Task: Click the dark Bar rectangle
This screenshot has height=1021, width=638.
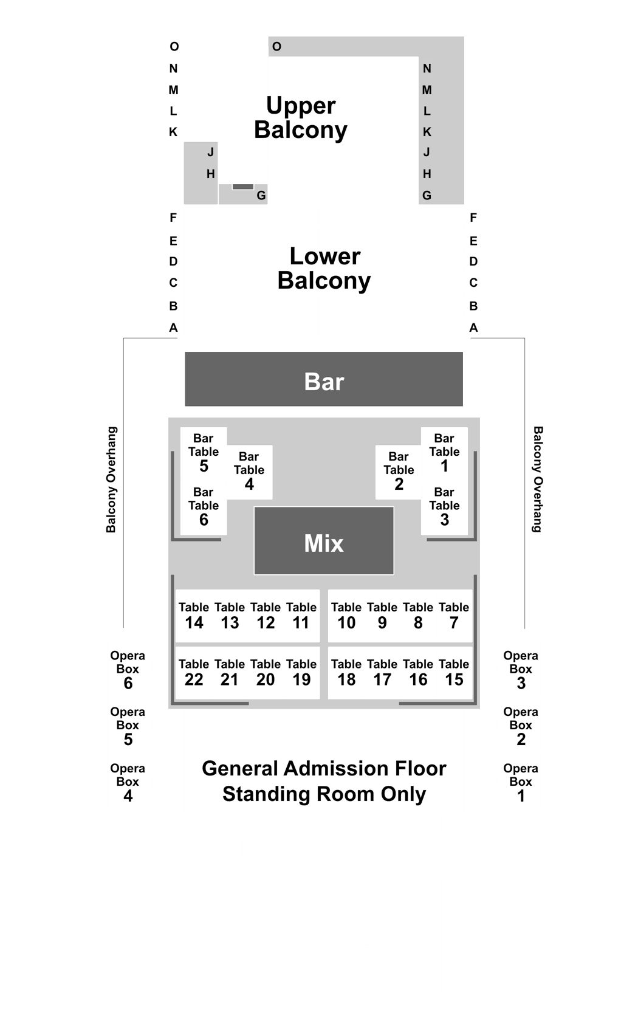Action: (x=323, y=379)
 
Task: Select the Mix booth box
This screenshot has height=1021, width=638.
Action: (x=323, y=541)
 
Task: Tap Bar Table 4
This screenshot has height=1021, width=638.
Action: (x=249, y=472)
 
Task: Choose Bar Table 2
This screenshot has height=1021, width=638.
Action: (x=399, y=472)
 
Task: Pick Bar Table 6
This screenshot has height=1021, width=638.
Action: (x=204, y=507)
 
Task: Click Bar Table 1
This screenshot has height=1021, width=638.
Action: (x=444, y=453)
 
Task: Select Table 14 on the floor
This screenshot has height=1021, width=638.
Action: (x=194, y=616)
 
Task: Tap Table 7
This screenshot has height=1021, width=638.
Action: (x=454, y=616)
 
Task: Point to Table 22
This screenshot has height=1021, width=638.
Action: (x=194, y=672)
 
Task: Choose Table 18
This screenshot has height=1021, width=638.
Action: (x=346, y=672)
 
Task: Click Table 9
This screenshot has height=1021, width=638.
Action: (x=382, y=616)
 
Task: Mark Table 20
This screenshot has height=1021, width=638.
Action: (x=266, y=672)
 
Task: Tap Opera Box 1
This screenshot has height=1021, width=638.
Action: (x=521, y=783)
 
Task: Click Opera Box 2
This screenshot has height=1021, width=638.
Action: (x=521, y=726)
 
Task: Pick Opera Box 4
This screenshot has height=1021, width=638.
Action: (x=128, y=783)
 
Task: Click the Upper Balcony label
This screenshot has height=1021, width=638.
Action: (x=301, y=118)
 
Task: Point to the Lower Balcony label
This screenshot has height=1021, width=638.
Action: (x=324, y=269)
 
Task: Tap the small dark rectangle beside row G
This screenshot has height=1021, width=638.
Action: (x=243, y=187)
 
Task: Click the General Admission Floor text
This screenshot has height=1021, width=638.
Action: (x=324, y=768)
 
